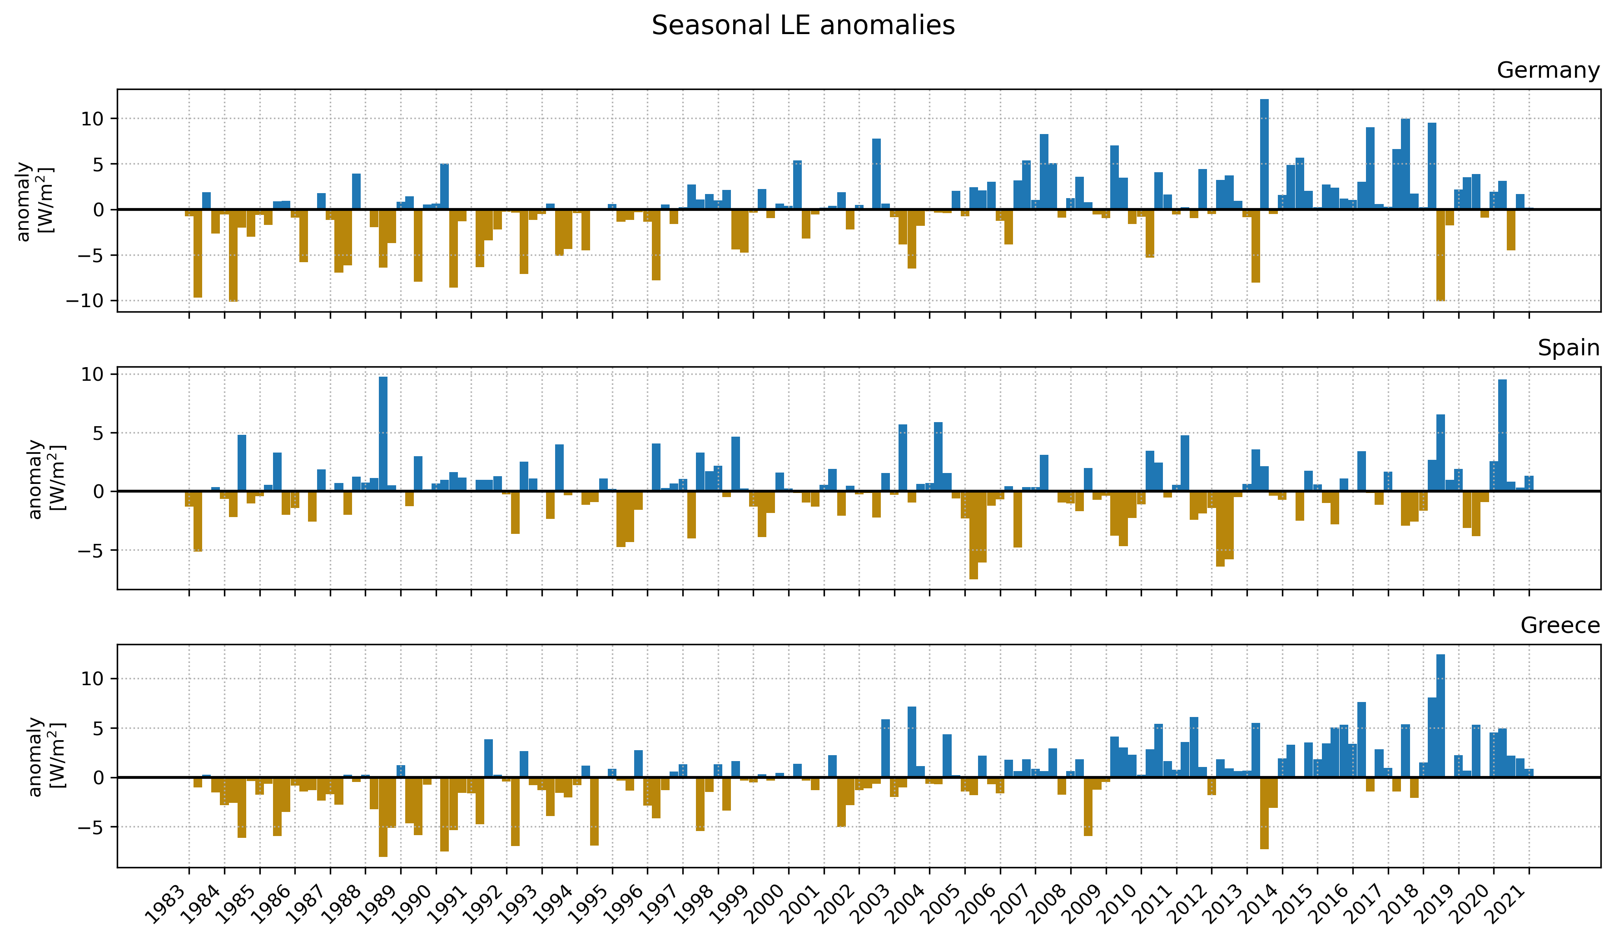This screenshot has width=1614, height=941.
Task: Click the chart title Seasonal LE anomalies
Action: (803, 25)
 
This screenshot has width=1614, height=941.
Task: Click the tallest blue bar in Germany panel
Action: (1264, 154)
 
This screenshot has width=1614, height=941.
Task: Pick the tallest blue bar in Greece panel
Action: (1440, 716)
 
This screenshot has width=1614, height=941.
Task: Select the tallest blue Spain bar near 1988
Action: (383, 433)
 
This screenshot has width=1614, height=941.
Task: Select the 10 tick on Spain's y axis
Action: (92, 374)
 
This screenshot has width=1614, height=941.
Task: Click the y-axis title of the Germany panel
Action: (33, 201)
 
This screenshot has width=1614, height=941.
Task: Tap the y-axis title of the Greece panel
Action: (45, 757)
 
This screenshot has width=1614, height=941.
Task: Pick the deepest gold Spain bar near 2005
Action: (973, 535)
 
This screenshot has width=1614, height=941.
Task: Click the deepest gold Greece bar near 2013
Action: (1264, 813)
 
